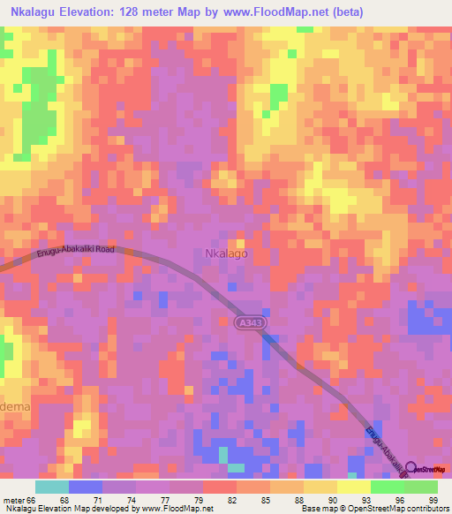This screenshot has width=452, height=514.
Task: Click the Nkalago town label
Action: pos(226,253)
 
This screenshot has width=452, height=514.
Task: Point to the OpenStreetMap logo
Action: pos(428,468)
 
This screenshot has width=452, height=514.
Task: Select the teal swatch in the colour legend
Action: pos(51,487)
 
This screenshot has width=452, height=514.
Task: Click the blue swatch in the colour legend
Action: pos(85,487)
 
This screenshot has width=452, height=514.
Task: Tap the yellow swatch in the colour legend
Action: pos(353,487)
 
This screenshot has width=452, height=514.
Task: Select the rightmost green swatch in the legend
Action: pos(421,487)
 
